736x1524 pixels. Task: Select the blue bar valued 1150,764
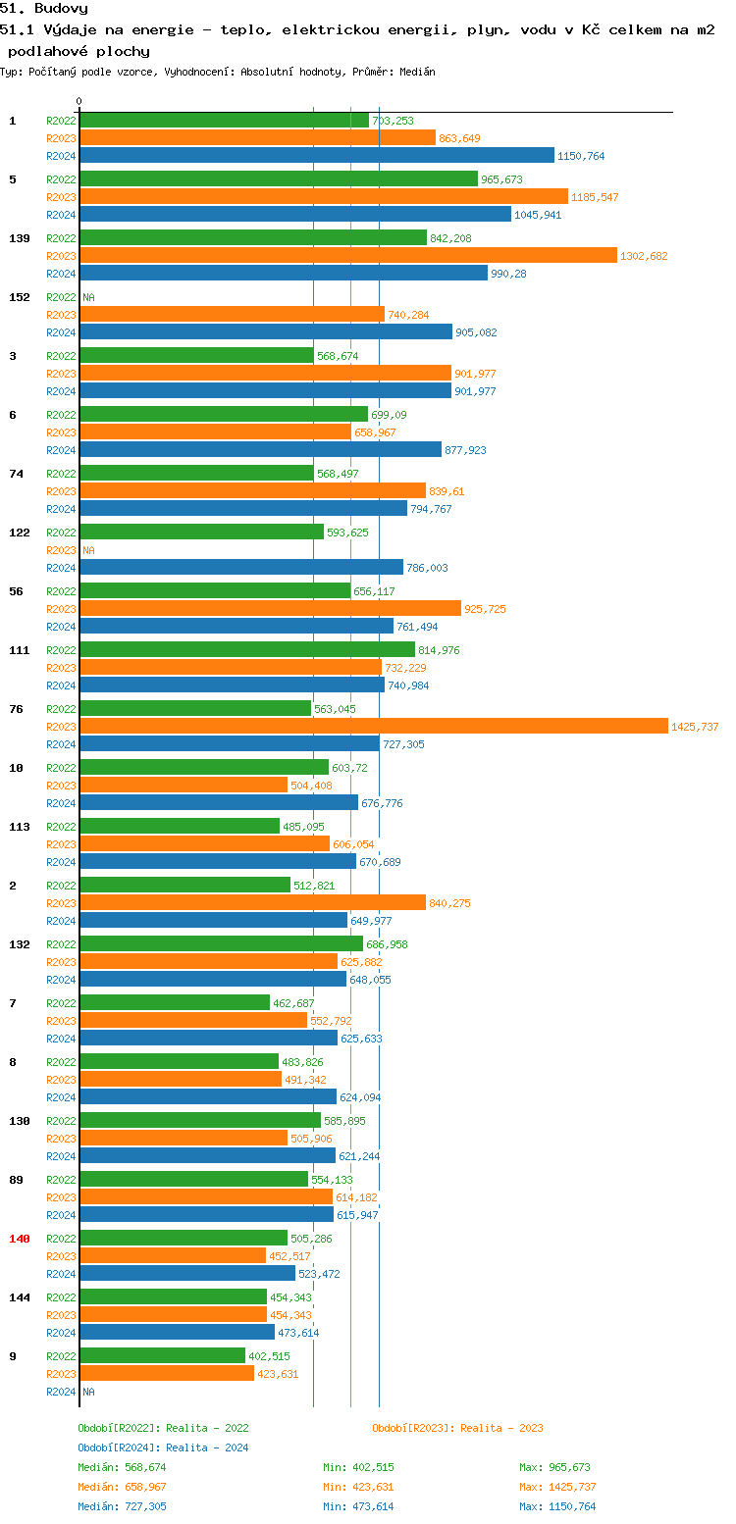point(316,156)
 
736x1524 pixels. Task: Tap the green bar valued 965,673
point(278,179)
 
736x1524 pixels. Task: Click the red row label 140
point(20,1239)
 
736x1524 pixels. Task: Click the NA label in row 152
point(88,297)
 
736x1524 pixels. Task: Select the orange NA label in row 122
point(88,550)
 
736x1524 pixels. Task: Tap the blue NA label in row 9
point(88,1392)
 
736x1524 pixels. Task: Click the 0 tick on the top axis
point(79,101)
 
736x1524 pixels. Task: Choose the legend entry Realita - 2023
point(457,1428)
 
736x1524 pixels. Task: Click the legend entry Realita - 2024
point(163,1448)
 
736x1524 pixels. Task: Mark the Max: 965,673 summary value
point(554,1467)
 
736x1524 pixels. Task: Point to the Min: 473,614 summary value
point(358,1506)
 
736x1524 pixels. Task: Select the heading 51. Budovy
point(44,8)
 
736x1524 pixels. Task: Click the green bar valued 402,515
point(162,1355)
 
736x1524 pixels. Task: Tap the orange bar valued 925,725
point(270,609)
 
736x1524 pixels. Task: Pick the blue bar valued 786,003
point(240,568)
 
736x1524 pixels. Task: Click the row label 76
point(16,709)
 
